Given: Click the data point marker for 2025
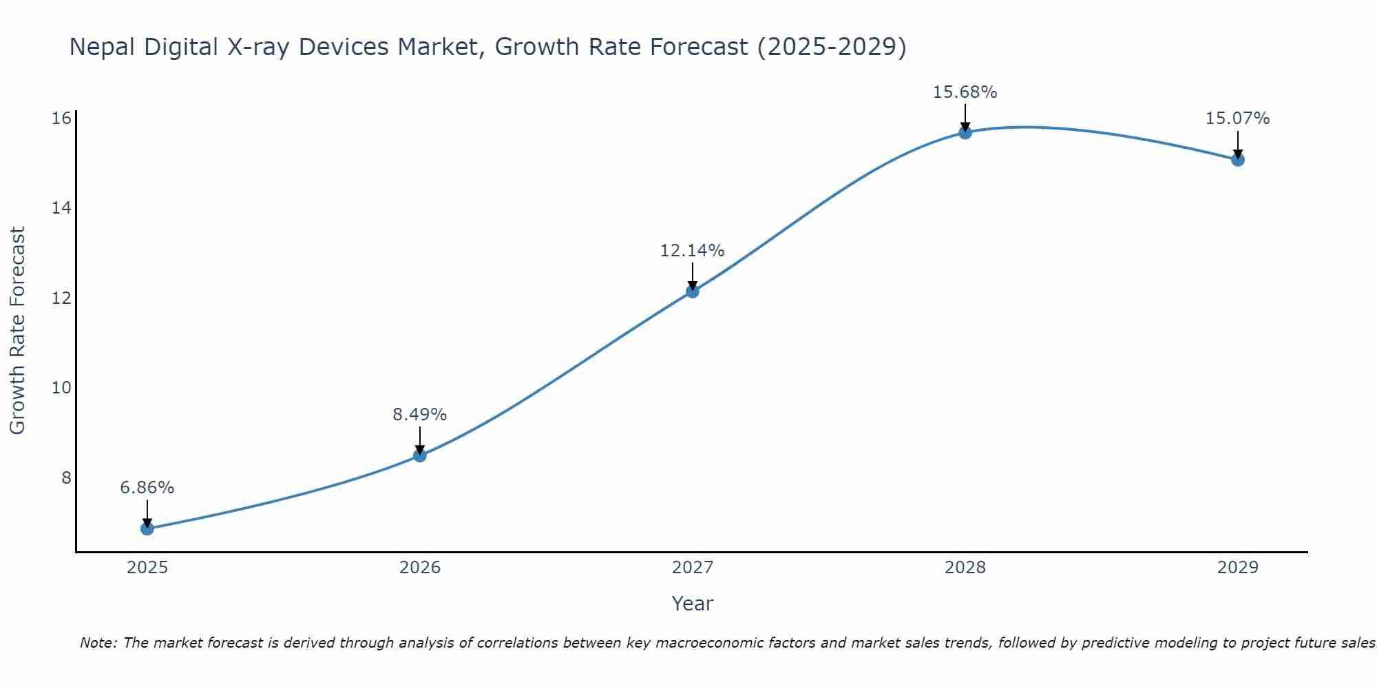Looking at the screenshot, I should pyautogui.click(x=147, y=528).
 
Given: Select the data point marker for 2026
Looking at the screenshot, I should pyautogui.click(x=419, y=455).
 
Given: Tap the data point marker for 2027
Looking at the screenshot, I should pyautogui.click(x=692, y=291).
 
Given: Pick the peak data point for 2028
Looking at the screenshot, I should pyautogui.click(x=965, y=132).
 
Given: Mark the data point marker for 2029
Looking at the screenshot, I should pyautogui.click(x=1237, y=160).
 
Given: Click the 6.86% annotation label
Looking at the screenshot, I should pyautogui.click(x=147, y=488).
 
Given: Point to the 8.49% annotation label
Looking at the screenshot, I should pyautogui.click(x=419, y=415).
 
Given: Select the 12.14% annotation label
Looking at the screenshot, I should pyautogui.click(x=692, y=251).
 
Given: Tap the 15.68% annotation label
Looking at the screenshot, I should pyautogui.click(x=965, y=92).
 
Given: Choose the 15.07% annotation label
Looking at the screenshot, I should pyautogui.click(x=1237, y=119).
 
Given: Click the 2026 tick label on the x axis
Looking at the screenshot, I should pyautogui.click(x=419, y=568).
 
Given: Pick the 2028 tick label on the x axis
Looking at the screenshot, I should pyautogui.click(x=965, y=568).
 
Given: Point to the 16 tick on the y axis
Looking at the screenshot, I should pyautogui.click(x=61, y=119).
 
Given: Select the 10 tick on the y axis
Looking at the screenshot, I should pyautogui.click(x=61, y=388).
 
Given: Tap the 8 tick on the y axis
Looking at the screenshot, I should pyautogui.click(x=66, y=477).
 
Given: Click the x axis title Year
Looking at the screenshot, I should pyautogui.click(x=692, y=604).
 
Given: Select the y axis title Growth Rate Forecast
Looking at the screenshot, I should pyautogui.click(x=17, y=331).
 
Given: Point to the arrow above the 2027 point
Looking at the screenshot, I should pyautogui.click(x=692, y=276).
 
